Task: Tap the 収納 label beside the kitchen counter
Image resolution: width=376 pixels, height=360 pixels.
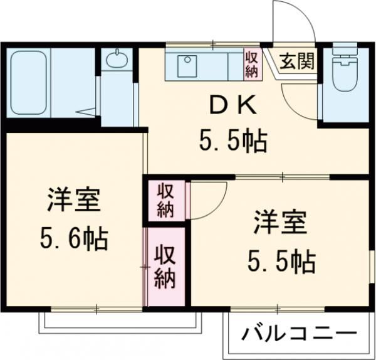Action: (x=252, y=65)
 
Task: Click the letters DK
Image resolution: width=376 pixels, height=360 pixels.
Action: (x=232, y=107)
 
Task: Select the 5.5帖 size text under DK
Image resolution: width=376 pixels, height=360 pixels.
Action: (x=233, y=142)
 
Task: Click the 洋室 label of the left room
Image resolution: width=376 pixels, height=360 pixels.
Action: (x=74, y=203)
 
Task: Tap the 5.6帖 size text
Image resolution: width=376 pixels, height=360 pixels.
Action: (x=73, y=238)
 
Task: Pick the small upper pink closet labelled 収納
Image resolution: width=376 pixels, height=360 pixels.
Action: (x=165, y=200)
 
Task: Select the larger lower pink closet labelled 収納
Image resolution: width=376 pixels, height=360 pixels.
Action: (x=165, y=266)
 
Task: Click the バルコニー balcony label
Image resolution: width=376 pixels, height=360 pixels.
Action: (x=299, y=332)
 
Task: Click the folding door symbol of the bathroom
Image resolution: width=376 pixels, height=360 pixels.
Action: (x=88, y=111)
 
